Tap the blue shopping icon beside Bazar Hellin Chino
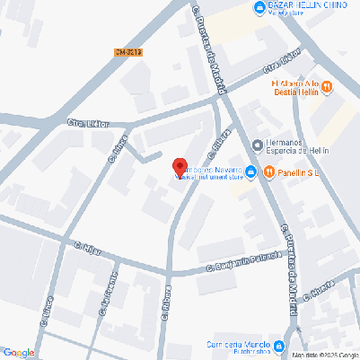[x=259, y=8]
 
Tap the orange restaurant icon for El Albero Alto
[x=327, y=86]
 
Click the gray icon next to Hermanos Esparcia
[x=256, y=145]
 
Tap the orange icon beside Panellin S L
[x=268, y=172]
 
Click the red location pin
[x=179, y=167]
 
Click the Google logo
[x=18, y=352]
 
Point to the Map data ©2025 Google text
[x=324, y=356]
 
